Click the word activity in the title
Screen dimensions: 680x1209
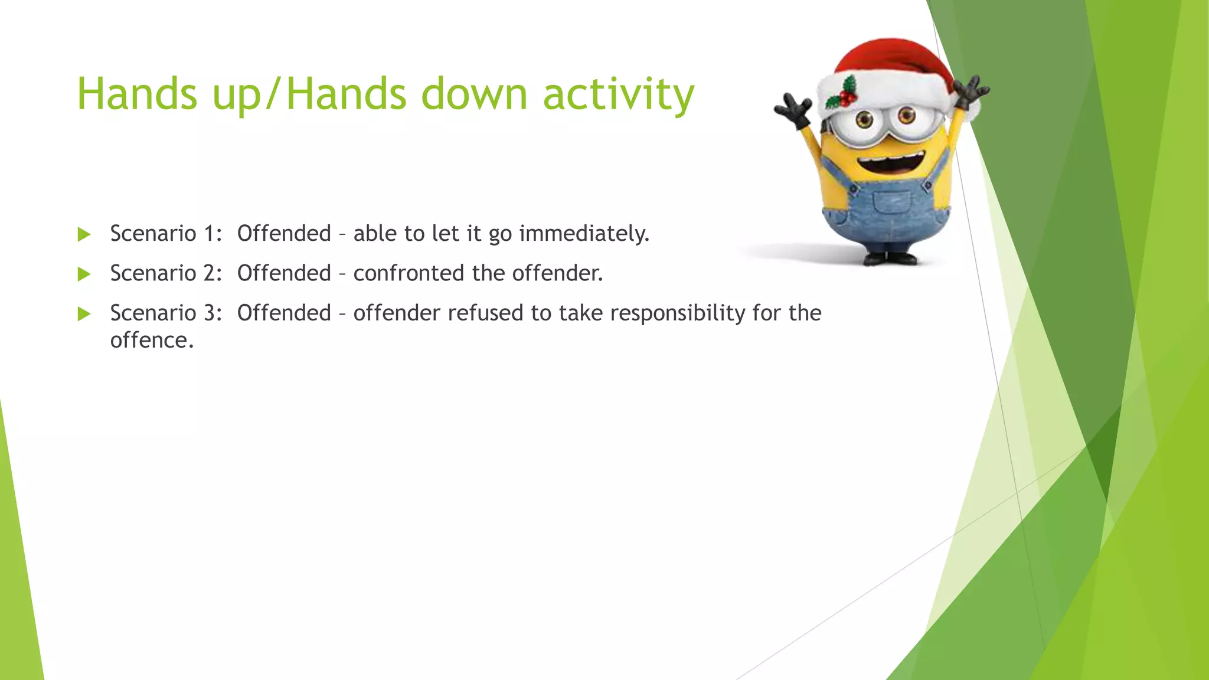(618, 94)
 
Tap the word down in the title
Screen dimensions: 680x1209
(473, 94)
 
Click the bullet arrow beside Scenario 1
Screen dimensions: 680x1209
(84, 234)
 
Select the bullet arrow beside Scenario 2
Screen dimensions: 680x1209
(84, 274)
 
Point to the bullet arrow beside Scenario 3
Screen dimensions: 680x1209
(84, 313)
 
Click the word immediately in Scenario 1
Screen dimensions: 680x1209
(584, 234)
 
